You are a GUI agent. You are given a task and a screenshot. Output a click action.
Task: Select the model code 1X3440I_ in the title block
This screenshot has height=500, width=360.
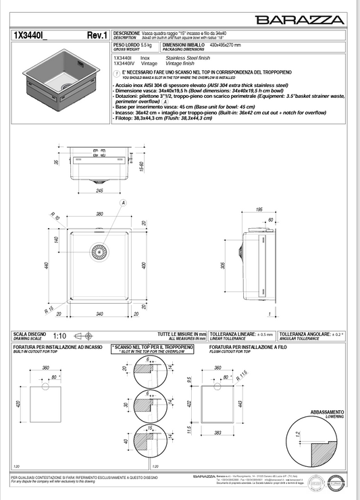pos(31,35)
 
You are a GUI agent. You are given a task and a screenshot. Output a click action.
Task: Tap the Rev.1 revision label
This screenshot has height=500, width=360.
pos(97,35)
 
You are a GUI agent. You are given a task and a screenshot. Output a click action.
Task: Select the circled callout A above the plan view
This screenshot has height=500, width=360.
pos(123,202)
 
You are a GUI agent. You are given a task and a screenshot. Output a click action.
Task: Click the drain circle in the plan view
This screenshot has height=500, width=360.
pos(99,252)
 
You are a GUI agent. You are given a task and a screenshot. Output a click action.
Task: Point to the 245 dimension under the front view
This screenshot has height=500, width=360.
pos(99,191)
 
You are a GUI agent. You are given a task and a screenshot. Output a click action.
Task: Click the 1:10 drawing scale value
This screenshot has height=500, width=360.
pos(60,335)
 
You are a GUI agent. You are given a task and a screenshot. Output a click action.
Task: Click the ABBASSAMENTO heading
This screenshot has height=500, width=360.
pos(327,412)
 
